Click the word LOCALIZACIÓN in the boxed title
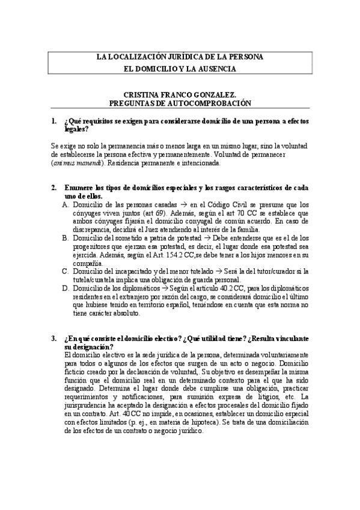[129, 57]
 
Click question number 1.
[54, 121]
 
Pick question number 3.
[54, 339]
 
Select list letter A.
[66, 204]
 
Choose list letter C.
[66, 271]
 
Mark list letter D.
[66, 288]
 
